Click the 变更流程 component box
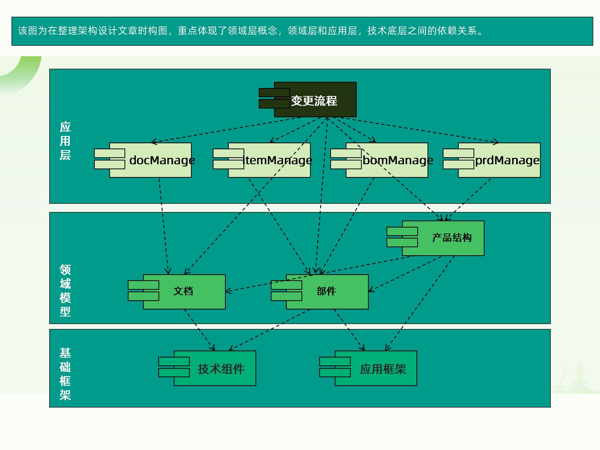(x=315, y=99)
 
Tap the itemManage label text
(x=277, y=160)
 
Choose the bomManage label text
(x=398, y=160)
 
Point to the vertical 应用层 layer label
(x=65, y=141)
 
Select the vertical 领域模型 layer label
(x=65, y=290)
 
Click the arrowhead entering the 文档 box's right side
(x=228, y=291)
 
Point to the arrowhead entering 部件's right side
(x=371, y=290)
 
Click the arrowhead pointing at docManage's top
(x=153, y=142)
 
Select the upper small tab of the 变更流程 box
(x=274, y=92)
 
